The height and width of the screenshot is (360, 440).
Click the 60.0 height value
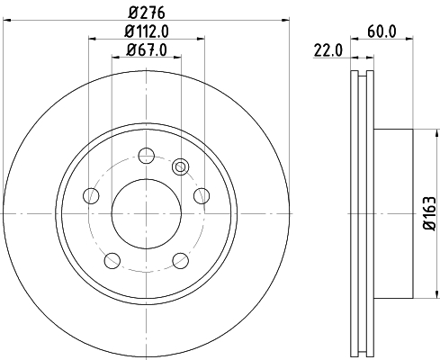tap(382, 31)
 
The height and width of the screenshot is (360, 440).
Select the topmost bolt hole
tap(144, 155)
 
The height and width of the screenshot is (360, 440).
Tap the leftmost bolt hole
tap(89, 194)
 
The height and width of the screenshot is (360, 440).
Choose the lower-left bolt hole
tap(111, 259)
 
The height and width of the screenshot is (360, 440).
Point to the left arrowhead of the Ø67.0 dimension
tap(114, 57)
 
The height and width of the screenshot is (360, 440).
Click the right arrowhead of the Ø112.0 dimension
tap(199, 39)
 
